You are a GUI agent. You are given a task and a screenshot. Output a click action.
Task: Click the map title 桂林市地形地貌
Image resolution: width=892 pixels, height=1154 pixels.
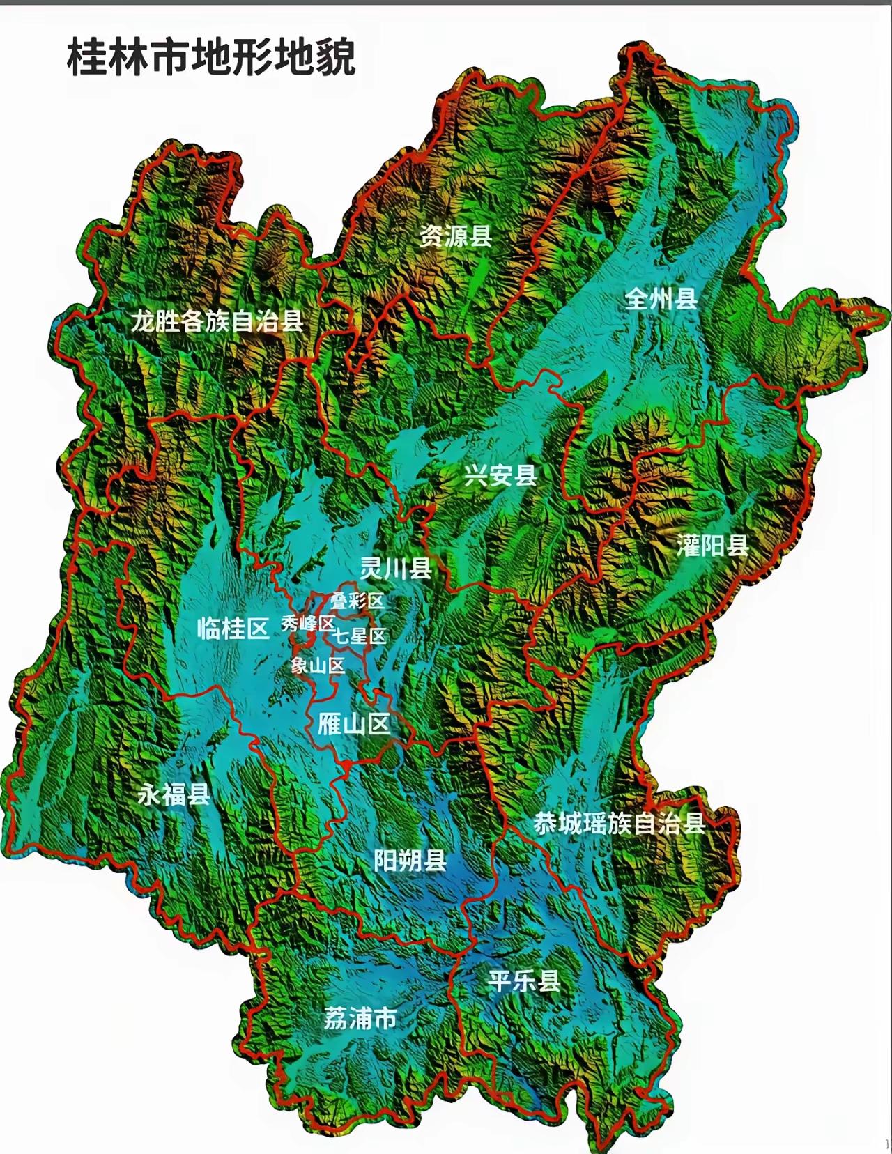(x=212, y=57)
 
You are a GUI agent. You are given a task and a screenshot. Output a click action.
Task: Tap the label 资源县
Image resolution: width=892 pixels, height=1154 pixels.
(x=455, y=237)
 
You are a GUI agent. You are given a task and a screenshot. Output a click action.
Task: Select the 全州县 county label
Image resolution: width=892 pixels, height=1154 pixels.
(x=661, y=299)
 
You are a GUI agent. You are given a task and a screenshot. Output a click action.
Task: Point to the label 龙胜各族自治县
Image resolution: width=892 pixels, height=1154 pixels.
(x=217, y=321)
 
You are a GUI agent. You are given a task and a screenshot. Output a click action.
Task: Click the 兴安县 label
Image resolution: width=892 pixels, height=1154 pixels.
(x=500, y=476)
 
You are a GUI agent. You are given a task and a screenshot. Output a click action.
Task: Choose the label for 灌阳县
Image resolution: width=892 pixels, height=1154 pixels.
(x=713, y=546)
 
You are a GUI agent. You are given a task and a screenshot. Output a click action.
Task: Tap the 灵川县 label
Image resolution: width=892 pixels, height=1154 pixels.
(x=396, y=569)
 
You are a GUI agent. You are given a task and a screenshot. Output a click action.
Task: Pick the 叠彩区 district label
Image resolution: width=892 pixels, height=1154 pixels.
(x=357, y=601)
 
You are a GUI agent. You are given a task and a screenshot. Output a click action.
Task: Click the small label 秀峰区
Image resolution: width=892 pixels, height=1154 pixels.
(x=307, y=624)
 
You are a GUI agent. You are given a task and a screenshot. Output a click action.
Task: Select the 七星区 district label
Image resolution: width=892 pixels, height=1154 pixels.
(x=360, y=636)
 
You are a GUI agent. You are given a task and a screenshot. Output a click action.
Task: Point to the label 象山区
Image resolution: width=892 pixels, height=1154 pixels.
(x=318, y=666)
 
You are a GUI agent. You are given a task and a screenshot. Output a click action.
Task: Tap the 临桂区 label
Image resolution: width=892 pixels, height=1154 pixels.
(x=233, y=629)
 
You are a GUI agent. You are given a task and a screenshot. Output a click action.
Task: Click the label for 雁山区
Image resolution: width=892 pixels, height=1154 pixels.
(x=353, y=725)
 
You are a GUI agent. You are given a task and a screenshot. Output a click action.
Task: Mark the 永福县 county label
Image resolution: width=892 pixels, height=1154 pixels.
(x=174, y=794)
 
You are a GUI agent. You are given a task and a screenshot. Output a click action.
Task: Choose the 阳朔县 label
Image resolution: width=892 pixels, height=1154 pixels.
(x=410, y=861)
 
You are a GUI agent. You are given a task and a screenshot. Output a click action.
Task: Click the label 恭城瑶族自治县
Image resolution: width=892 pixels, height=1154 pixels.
(x=620, y=824)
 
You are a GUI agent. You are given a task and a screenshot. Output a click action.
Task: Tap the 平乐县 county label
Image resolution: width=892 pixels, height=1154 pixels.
(x=524, y=981)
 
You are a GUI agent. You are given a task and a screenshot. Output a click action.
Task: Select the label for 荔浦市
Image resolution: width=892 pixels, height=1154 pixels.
(x=360, y=1019)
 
